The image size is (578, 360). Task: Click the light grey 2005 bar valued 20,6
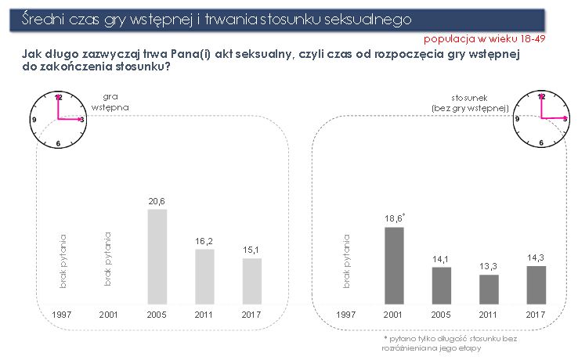point(157,256)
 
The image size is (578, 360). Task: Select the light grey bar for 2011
point(204,276)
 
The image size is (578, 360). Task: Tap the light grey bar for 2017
point(252,280)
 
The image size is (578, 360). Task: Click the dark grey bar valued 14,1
point(442,285)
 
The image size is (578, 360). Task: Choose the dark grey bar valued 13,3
point(489,289)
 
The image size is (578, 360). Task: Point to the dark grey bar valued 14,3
point(536,284)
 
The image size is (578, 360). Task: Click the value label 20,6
point(157,201)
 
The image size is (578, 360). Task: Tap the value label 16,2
point(204,241)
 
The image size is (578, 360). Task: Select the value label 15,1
point(252,250)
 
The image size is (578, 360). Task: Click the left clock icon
point(58,120)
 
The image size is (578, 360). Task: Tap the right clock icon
point(541,119)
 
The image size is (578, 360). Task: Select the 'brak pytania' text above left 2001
point(109,259)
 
